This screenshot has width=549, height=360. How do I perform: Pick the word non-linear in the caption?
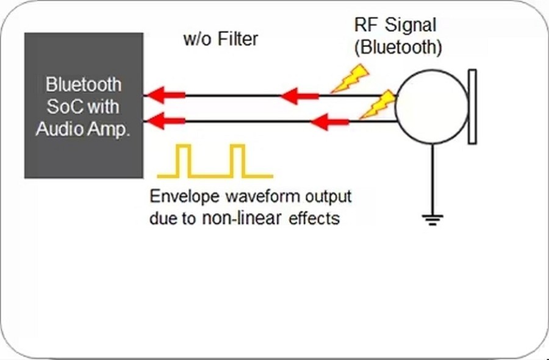tap(231, 218)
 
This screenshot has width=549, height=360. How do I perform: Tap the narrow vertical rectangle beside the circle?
tap(472, 107)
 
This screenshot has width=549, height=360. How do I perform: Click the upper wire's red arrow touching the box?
tap(162, 95)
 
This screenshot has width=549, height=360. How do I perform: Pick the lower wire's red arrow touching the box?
tap(162, 121)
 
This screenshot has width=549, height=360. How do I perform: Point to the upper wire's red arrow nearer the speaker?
tap(299, 95)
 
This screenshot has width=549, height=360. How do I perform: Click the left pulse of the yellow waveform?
tap(183, 160)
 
